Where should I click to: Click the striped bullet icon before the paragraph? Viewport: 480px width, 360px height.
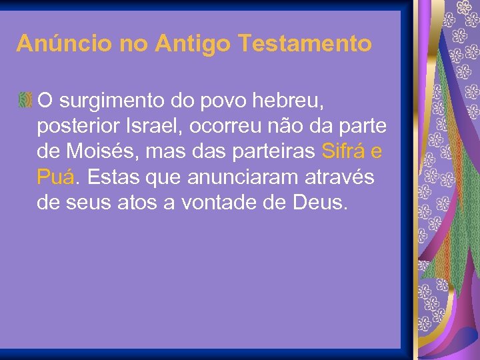tap(25, 101)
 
